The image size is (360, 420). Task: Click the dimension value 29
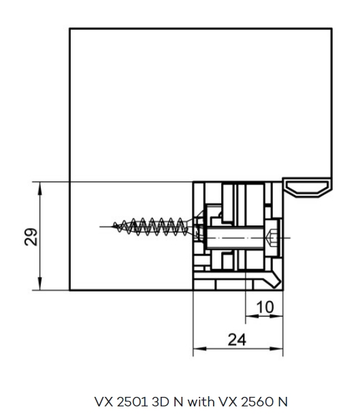(31, 237)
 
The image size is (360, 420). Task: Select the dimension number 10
(265, 307)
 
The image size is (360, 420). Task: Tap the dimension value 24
(237, 340)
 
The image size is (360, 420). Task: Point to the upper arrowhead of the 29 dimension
(40, 189)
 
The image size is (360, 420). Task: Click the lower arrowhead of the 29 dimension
(40, 283)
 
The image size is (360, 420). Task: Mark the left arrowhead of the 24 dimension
(199, 349)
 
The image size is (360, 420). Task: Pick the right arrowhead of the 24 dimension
(276, 349)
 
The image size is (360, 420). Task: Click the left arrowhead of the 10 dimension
(252, 317)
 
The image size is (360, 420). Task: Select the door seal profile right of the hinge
(308, 187)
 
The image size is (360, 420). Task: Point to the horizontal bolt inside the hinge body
(235, 238)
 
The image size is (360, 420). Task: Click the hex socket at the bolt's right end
(272, 238)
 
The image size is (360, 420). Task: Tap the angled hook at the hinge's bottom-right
(274, 280)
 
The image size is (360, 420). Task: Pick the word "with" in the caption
(201, 402)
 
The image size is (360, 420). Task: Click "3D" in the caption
(161, 402)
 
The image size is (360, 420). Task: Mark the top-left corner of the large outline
(69, 28)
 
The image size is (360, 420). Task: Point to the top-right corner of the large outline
(332, 28)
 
